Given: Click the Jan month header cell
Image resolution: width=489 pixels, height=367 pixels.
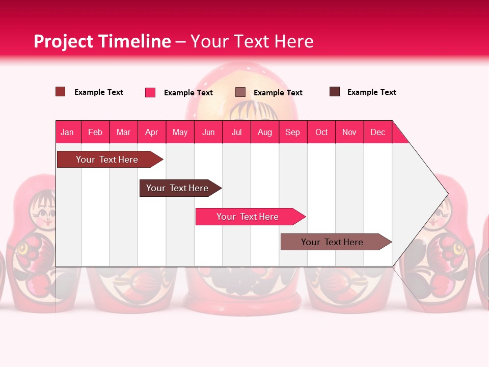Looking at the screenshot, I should pyautogui.click(x=68, y=132).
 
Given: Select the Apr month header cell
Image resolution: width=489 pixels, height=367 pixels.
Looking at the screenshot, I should pyautogui.click(x=152, y=132).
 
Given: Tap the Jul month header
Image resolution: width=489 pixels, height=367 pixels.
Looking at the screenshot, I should pyautogui.click(x=236, y=132).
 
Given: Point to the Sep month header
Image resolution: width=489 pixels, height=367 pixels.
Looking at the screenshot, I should pyautogui.click(x=292, y=132).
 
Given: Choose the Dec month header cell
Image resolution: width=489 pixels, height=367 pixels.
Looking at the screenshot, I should pyautogui.click(x=377, y=132).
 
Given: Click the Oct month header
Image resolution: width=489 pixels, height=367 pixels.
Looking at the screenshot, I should pyautogui.click(x=321, y=132).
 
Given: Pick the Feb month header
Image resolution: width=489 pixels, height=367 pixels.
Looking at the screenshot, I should pyautogui.click(x=95, y=132).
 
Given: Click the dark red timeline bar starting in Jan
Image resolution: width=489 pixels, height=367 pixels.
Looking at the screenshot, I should pyautogui.click(x=107, y=160).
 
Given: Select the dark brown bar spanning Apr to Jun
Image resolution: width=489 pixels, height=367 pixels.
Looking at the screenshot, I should pyautogui.click(x=177, y=188).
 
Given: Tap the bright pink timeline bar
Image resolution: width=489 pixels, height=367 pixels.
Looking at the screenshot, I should pyautogui.click(x=248, y=217).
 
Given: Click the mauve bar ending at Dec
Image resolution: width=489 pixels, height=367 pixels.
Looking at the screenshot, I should pyautogui.click(x=332, y=242).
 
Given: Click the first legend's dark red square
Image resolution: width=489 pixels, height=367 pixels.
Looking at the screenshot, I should pyautogui.click(x=61, y=92).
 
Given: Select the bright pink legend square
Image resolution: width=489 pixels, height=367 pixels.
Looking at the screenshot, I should pyautogui.click(x=150, y=92).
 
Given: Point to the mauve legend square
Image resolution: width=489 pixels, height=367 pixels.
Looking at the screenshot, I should pyautogui.click(x=240, y=92).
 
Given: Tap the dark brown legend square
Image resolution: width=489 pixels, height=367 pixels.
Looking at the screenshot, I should pyautogui.click(x=335, y=92).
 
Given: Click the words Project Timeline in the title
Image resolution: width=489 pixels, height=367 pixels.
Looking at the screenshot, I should pyautogui.click(x=102, y=41).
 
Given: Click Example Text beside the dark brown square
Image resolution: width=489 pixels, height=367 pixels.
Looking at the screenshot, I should pyautogui.click(x=371, y=92).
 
